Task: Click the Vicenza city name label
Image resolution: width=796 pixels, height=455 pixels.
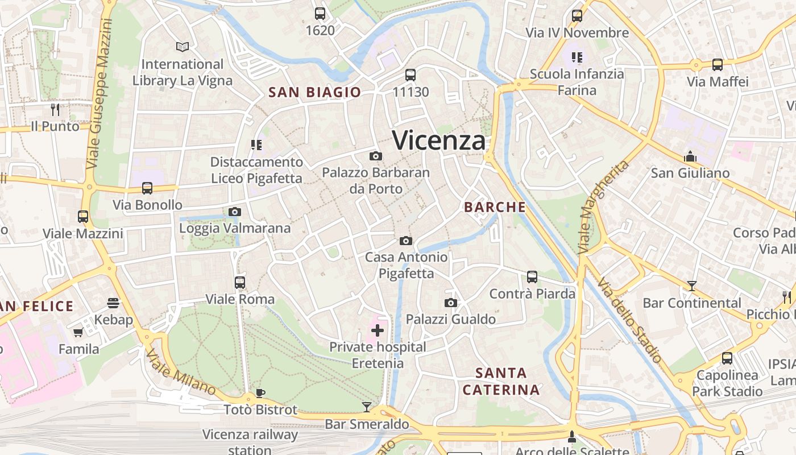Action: pos(439,140)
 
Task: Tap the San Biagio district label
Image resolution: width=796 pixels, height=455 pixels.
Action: pos(314,92)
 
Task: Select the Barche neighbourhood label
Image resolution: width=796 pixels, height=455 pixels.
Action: pos(495,207)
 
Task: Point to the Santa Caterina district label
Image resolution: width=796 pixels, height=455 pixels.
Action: pos(500,381)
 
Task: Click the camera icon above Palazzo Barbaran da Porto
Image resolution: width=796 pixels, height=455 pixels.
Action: pos(375,156)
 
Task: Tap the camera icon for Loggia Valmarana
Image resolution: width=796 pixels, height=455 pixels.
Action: pos(234,212)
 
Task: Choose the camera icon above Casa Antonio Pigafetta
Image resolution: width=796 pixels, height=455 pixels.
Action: pos(405,241)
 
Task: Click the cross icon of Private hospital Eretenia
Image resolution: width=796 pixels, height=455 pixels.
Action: pos(377,330)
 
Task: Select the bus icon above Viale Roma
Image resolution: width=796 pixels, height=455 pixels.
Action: pos(239,282)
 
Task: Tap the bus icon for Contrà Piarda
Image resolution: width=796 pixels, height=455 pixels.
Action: pos(532,277)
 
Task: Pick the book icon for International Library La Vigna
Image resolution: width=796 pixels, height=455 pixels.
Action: pos(182,47)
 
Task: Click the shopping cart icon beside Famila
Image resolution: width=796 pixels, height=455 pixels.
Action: pos(78,332)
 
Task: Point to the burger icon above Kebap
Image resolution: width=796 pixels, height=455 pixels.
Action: pos(113,303)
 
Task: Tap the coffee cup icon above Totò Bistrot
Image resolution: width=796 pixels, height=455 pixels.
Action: pos(260,393)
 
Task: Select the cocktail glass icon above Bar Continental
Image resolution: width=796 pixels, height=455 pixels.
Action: pos(691,286)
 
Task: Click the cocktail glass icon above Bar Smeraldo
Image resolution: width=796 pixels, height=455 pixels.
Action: pos(367,407)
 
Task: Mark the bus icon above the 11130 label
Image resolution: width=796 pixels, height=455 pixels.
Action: pos(410,75)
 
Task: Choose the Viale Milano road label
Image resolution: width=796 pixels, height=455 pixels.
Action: pos(180,373)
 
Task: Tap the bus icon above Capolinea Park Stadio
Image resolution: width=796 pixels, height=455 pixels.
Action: pos(727,358)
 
